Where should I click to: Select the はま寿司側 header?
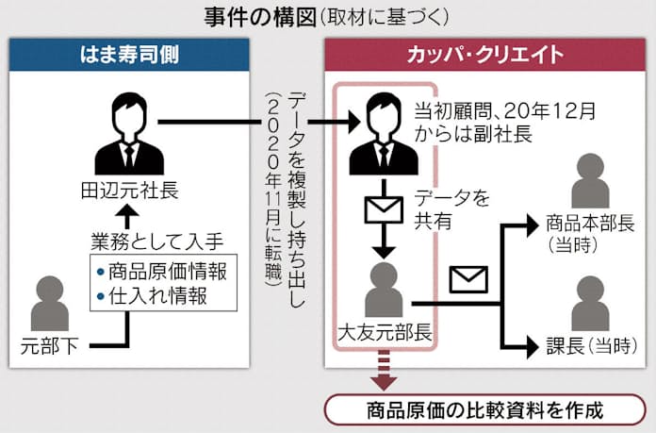130,54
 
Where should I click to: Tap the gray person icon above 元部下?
47,304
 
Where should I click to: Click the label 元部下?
48,347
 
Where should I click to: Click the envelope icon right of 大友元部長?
467,279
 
